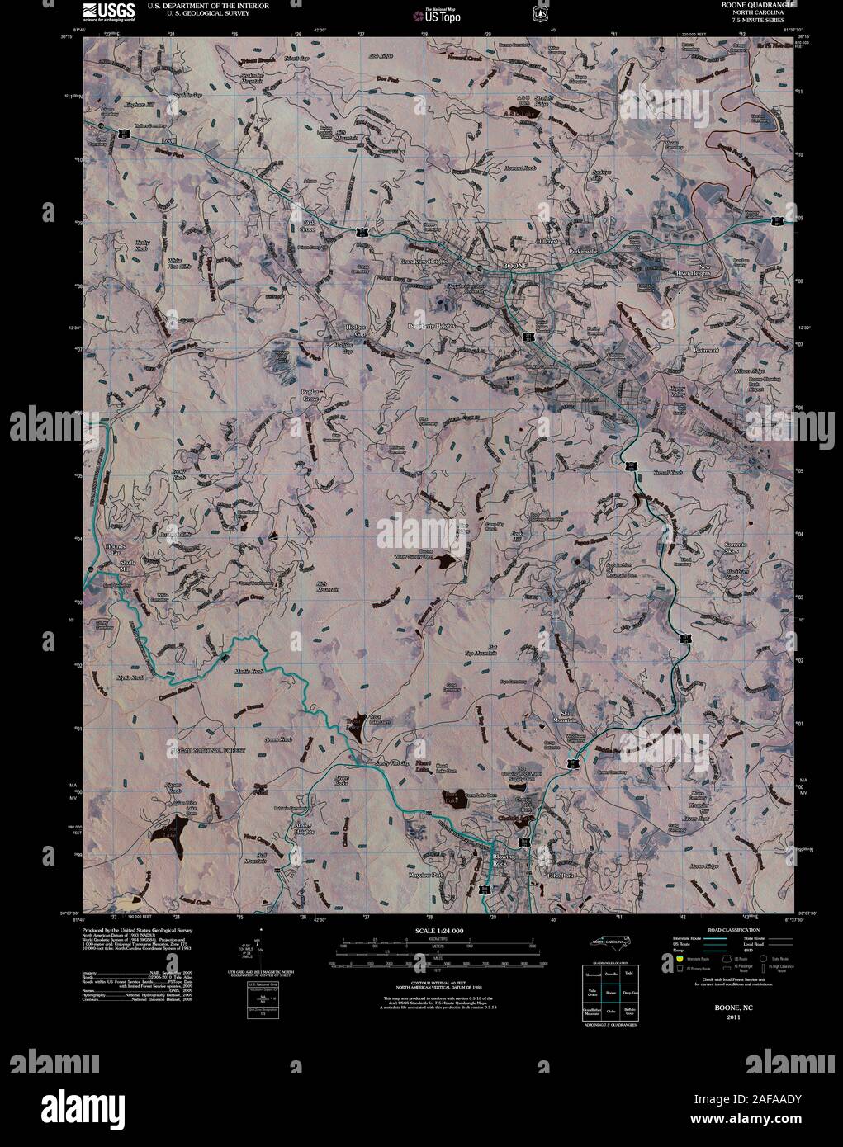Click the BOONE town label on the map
[x=514, y=266]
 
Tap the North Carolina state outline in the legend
[x=612, y=941]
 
